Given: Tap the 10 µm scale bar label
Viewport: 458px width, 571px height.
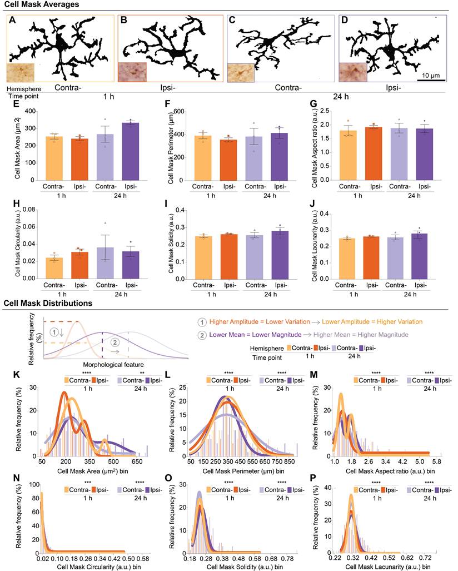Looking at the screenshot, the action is click(431, 76).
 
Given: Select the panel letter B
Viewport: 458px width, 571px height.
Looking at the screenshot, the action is click(124, 20).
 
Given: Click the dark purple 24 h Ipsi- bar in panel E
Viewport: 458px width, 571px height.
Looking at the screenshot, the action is click(131, 151).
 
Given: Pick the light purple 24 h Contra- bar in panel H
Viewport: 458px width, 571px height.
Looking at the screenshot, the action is click(105, 263).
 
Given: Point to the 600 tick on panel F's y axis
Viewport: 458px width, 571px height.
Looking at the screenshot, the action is click(179, 111).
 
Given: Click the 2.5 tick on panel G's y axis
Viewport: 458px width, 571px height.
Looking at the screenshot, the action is click(325, 111).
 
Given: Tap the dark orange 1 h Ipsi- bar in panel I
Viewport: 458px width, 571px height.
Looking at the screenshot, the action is click(228, 257).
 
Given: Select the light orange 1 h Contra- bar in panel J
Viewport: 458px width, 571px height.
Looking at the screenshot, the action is click(347, 259).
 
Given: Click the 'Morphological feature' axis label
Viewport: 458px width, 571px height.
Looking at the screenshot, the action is click(113, 365).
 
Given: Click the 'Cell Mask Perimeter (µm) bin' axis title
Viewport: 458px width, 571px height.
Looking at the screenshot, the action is click(243, 471).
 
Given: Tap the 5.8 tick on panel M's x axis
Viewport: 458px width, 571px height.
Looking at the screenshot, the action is click(436, 462).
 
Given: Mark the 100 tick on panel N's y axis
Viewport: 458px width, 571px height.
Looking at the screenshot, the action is click(34, 485).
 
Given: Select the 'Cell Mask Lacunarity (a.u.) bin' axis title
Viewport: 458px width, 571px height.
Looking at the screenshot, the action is click(388, 567).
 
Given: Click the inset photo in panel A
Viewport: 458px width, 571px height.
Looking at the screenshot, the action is click(21, 72).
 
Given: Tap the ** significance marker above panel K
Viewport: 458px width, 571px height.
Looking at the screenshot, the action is click(142, 373).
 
